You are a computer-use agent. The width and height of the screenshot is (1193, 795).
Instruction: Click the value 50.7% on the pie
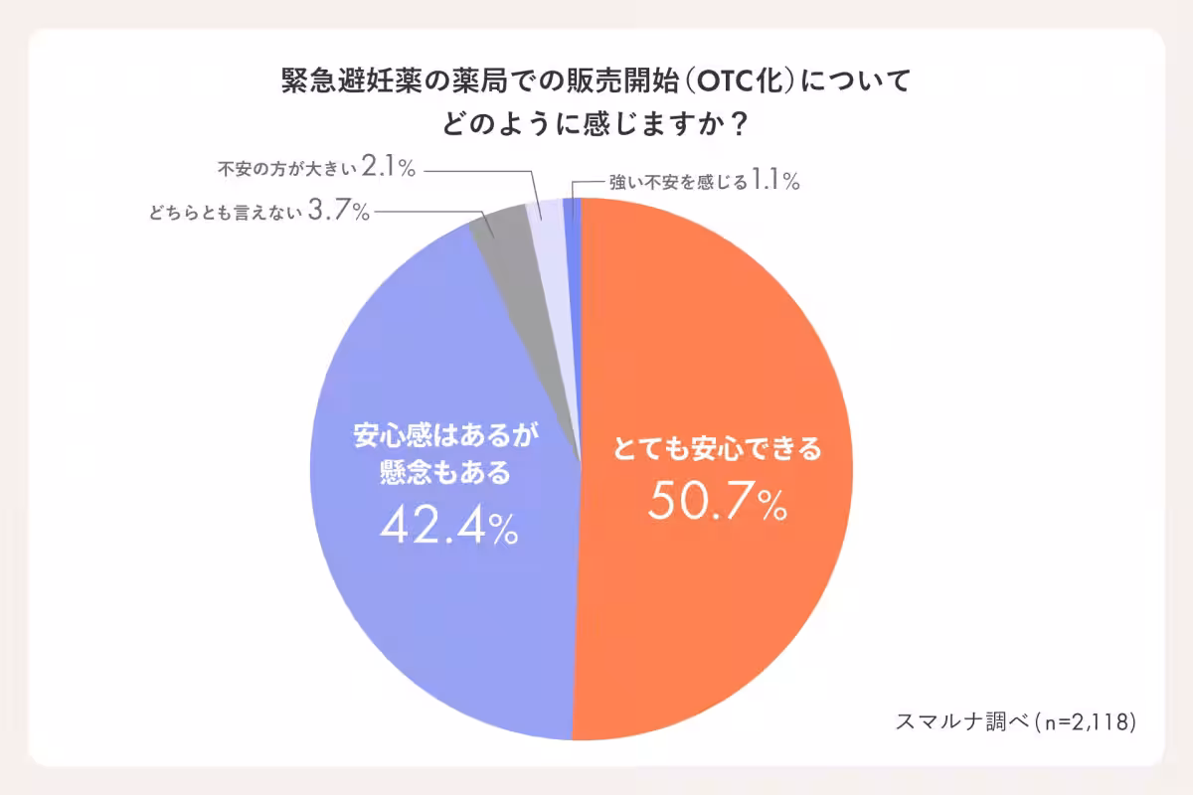[717, 504]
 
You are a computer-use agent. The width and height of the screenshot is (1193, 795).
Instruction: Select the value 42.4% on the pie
[447, 528]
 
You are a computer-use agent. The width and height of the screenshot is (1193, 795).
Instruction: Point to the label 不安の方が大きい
[285, 169]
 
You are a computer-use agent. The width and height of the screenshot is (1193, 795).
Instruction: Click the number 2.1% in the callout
[389, 168]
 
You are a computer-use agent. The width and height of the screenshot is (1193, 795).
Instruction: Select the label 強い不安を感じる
[677, 182]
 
